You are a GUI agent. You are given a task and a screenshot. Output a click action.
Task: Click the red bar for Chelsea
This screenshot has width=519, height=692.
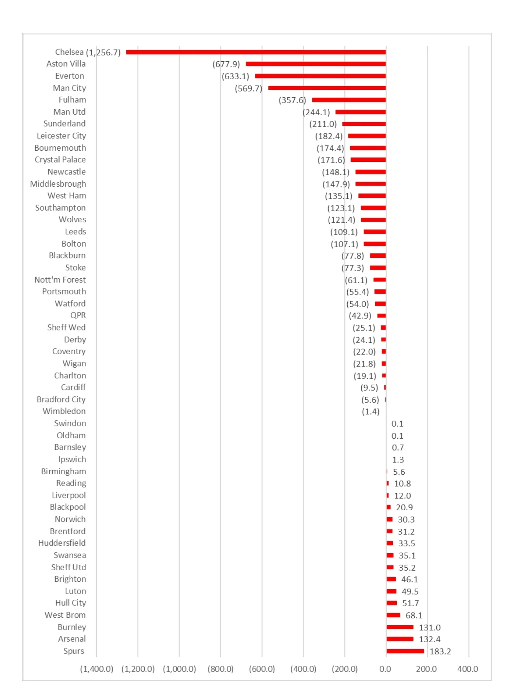coord(256,52)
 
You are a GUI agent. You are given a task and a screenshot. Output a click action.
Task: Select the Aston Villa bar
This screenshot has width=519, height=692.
coord(316,64)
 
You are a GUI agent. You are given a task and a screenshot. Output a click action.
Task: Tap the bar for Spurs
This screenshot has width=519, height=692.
coord(405,651)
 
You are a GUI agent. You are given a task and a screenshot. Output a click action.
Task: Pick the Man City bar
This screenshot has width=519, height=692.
coord(327,88)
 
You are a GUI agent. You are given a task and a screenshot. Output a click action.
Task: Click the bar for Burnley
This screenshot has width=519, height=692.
coord(400,627)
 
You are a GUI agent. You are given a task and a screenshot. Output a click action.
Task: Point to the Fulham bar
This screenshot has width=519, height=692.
coord(349,100)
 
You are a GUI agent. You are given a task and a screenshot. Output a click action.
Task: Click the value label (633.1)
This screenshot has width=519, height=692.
coord(236,76)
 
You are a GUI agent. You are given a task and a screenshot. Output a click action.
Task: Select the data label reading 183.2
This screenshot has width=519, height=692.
coord(440,651)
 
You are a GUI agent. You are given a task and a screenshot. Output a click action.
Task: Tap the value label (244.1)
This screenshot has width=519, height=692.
coord(316,112)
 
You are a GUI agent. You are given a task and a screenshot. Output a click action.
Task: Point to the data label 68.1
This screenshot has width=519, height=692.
coord(414,615)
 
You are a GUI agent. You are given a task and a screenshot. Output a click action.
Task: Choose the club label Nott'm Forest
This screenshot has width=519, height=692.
coord(60,280)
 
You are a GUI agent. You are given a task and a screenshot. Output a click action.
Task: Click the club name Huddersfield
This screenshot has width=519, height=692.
coord(62,543)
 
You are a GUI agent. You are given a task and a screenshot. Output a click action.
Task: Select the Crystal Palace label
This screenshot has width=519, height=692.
coord(60,160)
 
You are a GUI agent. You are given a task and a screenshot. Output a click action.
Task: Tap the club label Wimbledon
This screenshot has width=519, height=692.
coord(64,411)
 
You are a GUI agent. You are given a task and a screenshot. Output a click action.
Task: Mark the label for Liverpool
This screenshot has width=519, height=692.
coord(69,495)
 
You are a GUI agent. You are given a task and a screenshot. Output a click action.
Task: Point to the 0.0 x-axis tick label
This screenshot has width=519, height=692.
coord(385,669)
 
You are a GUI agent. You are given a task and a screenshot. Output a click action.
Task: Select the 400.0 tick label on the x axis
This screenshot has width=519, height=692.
coord(468,669)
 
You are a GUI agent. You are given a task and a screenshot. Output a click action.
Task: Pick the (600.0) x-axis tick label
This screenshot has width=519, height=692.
coord(262,669)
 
